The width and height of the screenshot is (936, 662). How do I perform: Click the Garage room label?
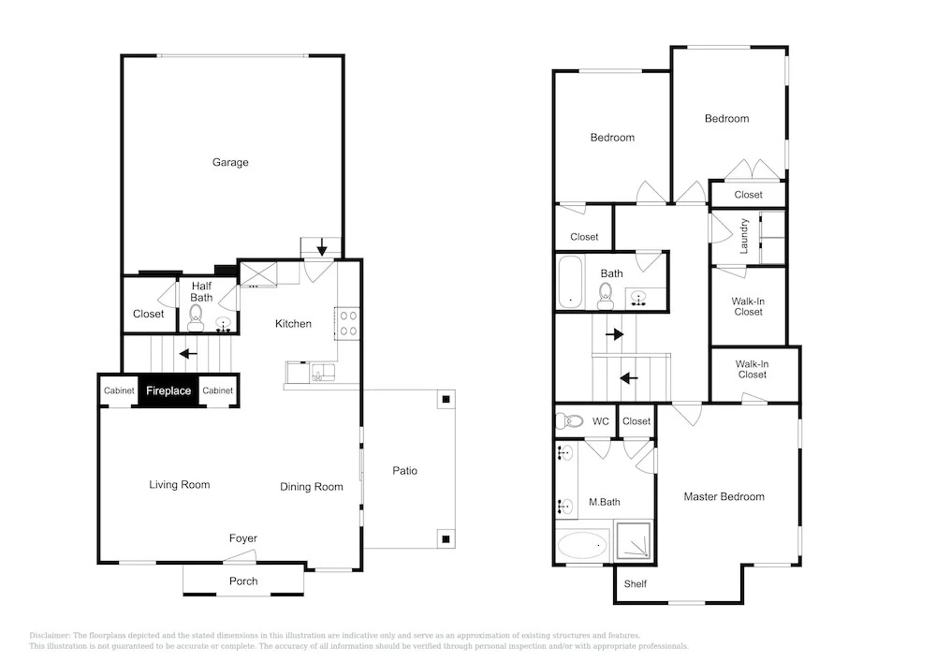pyautogui.click(x=230, y=162)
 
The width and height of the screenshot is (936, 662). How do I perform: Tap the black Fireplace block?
pyautogui.click(x=168, y=391)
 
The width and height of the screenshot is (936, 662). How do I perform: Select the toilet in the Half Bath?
pyautogui.click(x=196, y=317)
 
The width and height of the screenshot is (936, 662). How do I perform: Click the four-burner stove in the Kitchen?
pyautogui.click(x=348, y=323)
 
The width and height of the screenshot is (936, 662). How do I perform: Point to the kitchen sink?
pyautogui.click(x=322, y=373)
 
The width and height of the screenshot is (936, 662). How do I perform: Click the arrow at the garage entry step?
pyautogui.click(x=322, y=246)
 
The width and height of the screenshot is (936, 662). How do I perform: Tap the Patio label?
pyautogui.click(x=404, y=471)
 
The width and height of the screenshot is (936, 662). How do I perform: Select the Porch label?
pyautogui.click(x=243, y=581)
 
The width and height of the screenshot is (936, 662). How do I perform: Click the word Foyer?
pyautogui.click(x=243, y=538)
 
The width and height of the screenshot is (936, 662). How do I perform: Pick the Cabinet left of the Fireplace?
pyautogui.click(x=119, y=391)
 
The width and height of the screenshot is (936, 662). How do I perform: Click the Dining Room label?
pyautogui.click(x=312, y=487)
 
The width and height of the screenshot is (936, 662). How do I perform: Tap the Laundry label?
pyautogui.click(x=744, y=236)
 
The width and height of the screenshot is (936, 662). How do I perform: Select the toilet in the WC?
pyautogui.click(x=569, y=421)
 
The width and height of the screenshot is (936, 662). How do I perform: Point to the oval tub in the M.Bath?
pyautogui.click(x=582, y=545)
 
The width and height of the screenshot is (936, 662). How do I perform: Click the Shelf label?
pyautogui.click(x=636, y=583)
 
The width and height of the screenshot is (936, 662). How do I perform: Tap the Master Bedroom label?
pyautogui.click(x=724, y=496)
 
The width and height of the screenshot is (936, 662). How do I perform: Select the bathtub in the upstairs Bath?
pyautogui.click(x=570, y=283)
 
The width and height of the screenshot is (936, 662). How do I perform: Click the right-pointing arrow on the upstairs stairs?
pyautogui.click(x=615, y=334)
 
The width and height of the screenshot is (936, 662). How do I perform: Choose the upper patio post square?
pyautogui.click(x=446, y=399)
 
